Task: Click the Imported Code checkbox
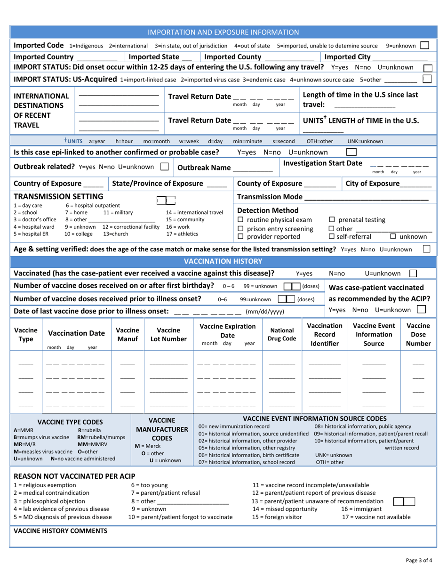tap(424, 46)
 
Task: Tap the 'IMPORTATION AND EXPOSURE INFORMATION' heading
tap(223, 32)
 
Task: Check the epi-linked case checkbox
tap(351, 152)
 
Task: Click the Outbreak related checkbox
tap(164, 167)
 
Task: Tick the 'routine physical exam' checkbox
tap(240, 220)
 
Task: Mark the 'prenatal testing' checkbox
tap(331, 220)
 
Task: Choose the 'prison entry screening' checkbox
tap(240, 229)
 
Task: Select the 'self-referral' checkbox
tap(331, 237)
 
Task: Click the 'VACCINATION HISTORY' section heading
tap(223, 261)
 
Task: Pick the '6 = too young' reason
tap(149, 485)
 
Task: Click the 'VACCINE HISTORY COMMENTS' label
tap(61, 531)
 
